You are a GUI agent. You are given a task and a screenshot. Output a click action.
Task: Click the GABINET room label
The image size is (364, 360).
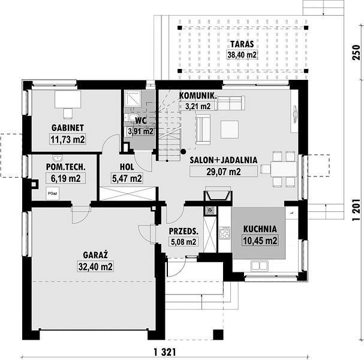pos(68,128)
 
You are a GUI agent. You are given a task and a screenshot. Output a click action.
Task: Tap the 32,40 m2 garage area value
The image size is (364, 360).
pos(95,266)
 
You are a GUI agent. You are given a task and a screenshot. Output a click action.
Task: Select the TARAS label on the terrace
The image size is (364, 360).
pos(242,44)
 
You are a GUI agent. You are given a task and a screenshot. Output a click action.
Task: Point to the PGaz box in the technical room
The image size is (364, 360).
pos(52,193)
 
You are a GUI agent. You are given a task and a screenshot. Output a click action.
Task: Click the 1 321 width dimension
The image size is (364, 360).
pos(165,352)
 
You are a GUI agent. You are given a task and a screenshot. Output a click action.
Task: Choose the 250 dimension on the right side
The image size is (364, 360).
pos(356,52)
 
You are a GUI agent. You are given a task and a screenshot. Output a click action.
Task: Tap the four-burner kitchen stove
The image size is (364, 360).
pos(225,233)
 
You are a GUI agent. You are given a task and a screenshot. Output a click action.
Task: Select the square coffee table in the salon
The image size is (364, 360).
pos(230,130)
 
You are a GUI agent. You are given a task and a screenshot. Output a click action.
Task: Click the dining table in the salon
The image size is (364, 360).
pos(284,169)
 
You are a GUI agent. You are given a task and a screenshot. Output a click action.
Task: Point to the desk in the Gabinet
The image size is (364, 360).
pos(68,99)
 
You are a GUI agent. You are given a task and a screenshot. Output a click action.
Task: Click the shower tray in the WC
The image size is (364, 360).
pos(133,98)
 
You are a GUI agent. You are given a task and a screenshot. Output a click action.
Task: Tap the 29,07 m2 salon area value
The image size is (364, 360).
pos(223,172)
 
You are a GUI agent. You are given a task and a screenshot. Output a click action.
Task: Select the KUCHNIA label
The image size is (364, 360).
pos(260,229)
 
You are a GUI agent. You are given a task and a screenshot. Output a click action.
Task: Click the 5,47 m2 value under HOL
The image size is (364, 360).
pos(127,178)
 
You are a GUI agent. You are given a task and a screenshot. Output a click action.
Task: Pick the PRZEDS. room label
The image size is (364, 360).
pos(183,231)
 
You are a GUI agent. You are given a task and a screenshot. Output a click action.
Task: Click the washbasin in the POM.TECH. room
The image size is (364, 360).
pos(58,158)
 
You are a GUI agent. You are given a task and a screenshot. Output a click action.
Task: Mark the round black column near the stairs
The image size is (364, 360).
pos(183,152)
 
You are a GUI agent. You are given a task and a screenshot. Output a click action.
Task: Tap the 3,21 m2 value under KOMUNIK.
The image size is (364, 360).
pos(198,106)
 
